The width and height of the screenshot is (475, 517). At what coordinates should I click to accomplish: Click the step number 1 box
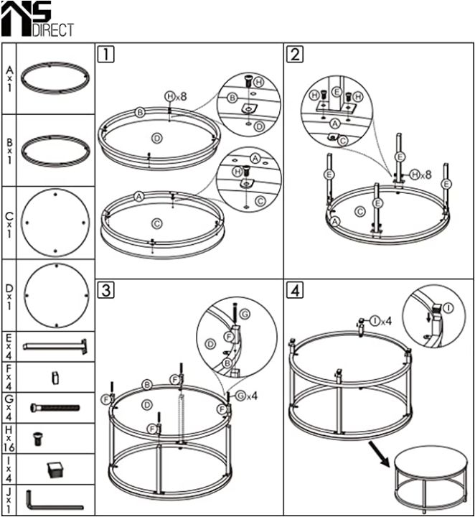[105, 53]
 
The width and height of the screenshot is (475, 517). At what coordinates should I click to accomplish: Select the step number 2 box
[295, 53]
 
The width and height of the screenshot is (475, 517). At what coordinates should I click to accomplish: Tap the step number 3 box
[105, 290]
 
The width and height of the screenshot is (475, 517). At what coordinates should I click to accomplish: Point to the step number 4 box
[295, 290]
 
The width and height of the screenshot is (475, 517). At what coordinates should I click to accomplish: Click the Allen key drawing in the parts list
[55, 500]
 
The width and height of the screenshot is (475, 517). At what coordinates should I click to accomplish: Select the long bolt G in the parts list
[55, 407]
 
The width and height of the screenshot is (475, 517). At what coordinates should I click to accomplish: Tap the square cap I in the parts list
[55, 469]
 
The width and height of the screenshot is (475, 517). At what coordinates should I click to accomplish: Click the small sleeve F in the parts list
[55, 376]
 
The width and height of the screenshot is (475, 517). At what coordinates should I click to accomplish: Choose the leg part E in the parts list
[55, 346]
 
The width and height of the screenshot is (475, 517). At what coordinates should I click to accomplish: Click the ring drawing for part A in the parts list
[55, 78]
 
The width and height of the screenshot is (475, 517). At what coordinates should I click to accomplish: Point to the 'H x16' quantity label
[9, 437]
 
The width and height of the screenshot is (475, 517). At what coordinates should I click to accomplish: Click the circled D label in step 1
[156, 137]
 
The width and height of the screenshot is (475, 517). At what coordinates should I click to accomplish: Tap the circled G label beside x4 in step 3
[240, 395]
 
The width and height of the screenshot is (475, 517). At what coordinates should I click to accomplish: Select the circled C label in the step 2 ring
[360, 210]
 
